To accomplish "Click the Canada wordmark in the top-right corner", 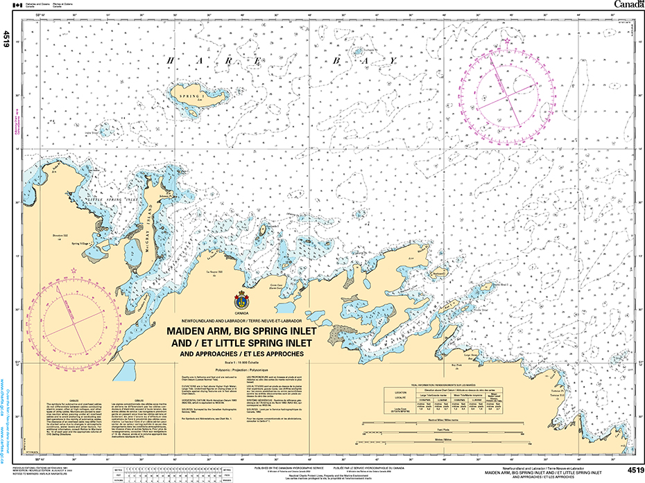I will (628, 6).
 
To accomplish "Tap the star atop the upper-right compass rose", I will (508, 42).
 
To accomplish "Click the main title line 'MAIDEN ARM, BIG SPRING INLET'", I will (239, 332).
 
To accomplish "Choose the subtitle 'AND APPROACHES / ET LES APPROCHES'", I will (239, 355).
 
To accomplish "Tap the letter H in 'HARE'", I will (169, 61).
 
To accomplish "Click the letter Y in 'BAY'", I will (392, 61).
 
